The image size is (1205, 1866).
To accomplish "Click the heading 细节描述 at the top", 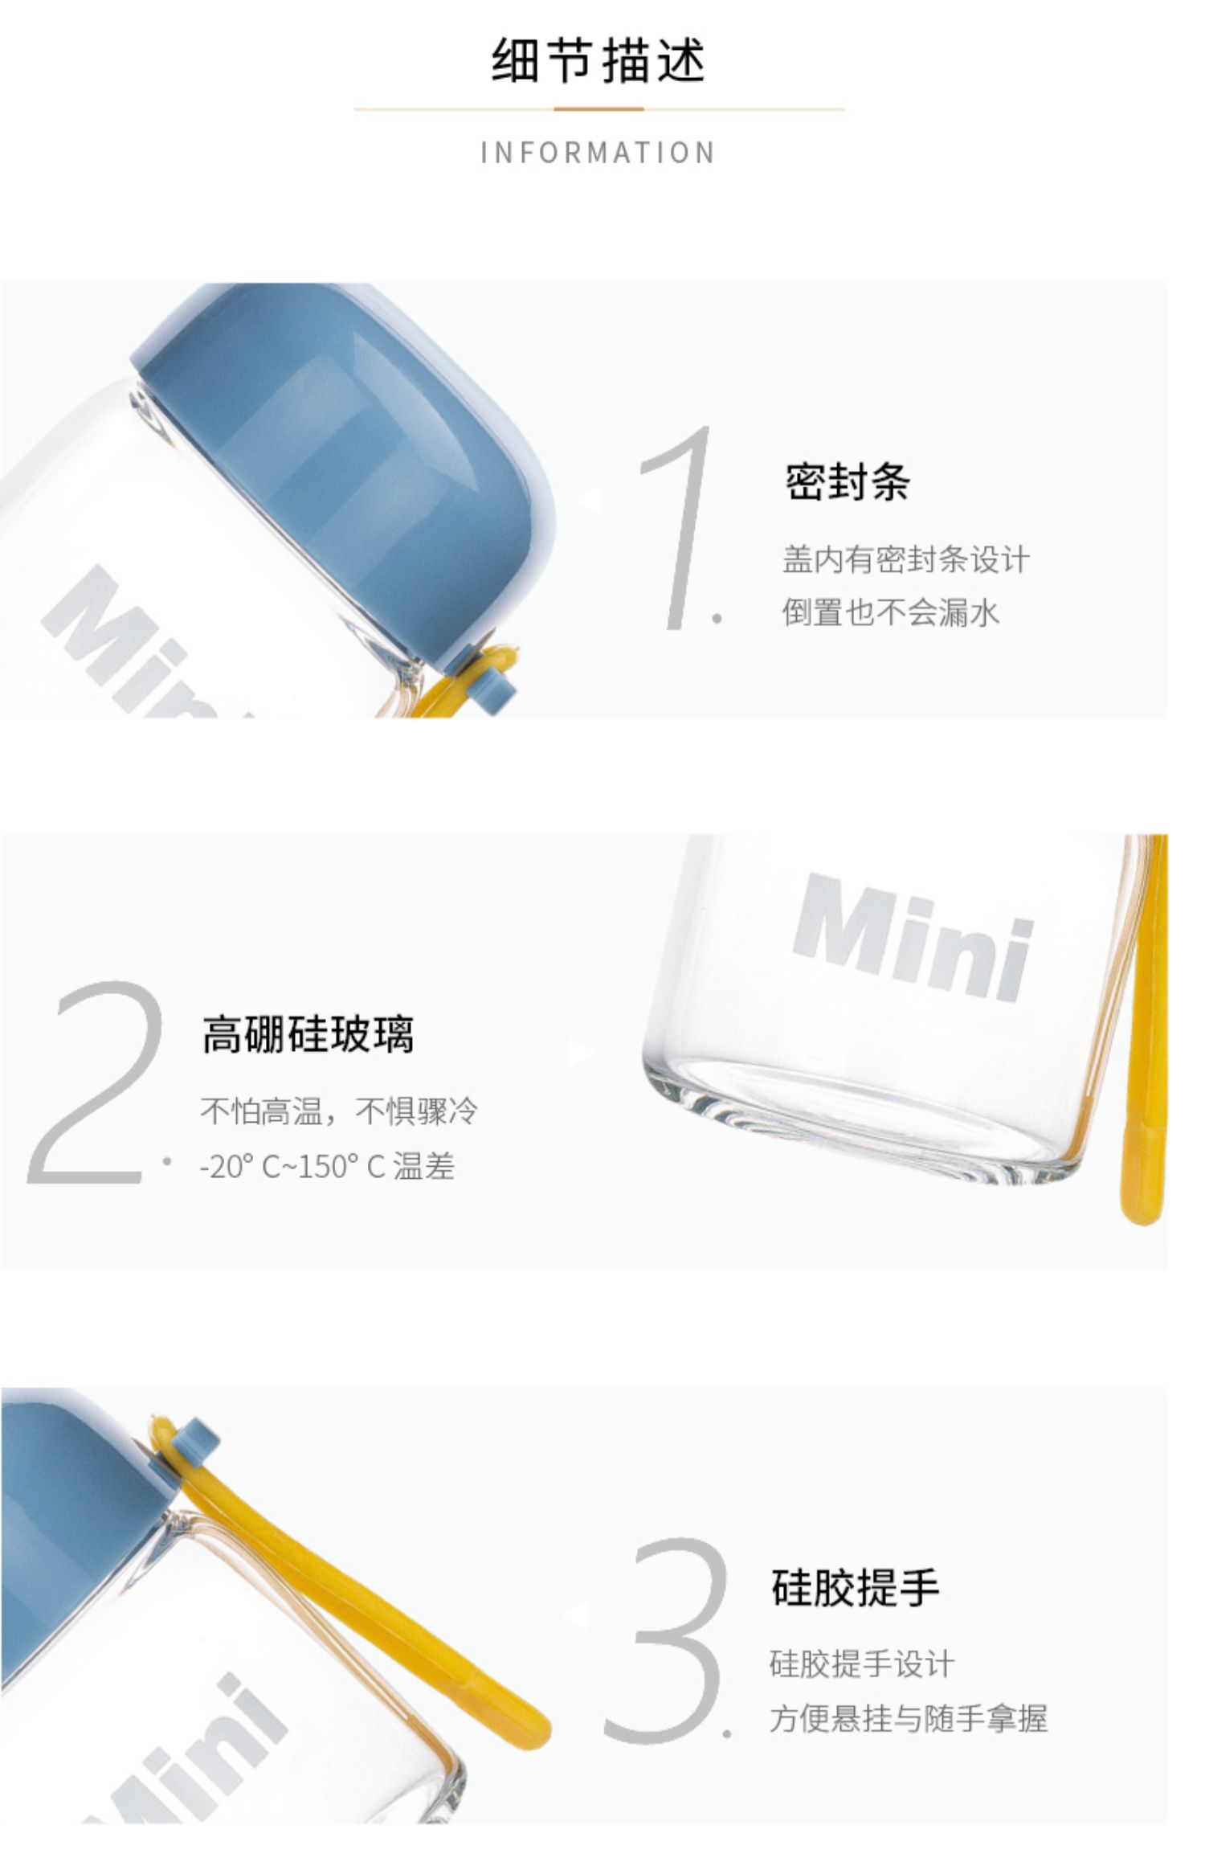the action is coord(598,61).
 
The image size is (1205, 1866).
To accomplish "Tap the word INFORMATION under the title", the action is coord(598,153).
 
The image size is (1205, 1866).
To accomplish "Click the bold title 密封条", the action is coord(848,482).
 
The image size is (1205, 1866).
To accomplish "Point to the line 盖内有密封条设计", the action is coord(906,559).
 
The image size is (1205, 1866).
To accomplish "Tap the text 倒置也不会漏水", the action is coord(891,612).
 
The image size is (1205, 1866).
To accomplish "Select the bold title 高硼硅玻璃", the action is coord(308,1034).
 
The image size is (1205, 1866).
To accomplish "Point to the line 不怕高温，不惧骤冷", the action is coord(339,1111).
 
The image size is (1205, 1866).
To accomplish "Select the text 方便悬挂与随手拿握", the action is coord(909,1718).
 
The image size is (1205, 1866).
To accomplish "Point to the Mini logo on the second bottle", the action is coord(911,937).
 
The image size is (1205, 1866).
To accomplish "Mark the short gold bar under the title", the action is coord(598,108).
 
